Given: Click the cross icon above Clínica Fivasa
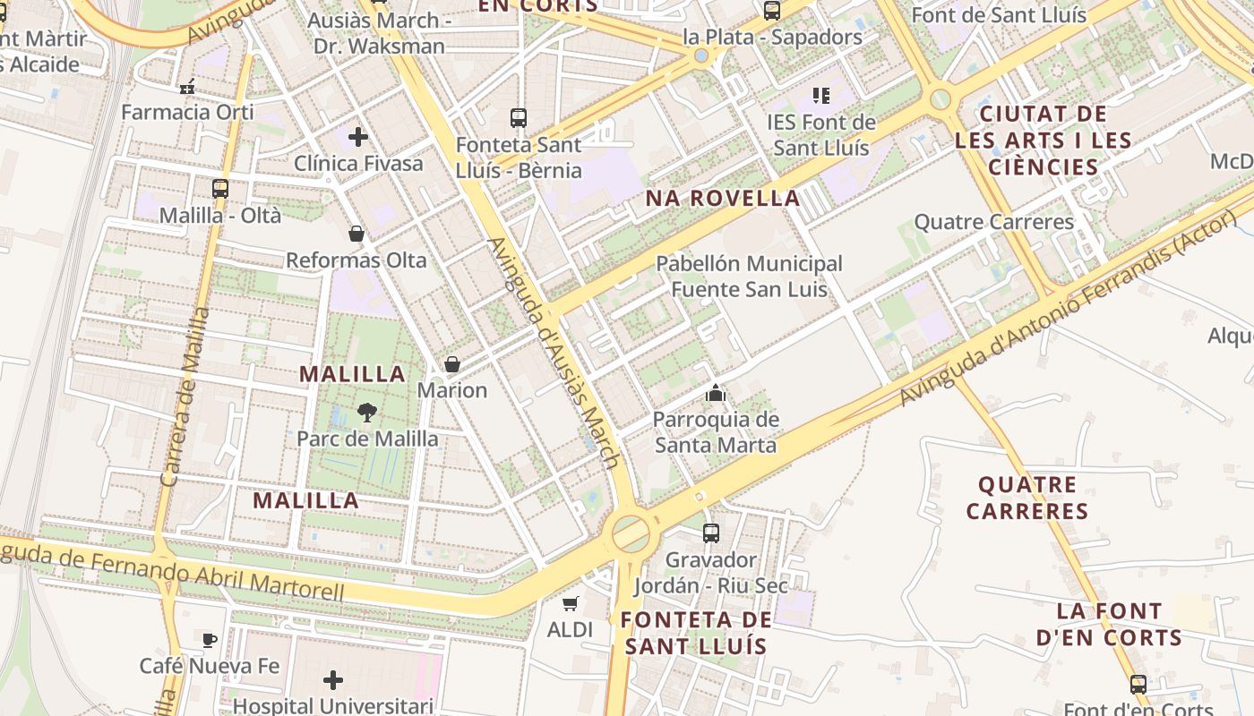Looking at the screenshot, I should (x=358, y=137).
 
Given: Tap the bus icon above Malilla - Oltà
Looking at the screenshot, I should (x=220, y=189).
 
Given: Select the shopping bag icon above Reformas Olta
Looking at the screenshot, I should (x=356, y=234).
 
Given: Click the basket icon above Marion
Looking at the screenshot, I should (x=452, y=364).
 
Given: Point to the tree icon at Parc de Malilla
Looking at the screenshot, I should (x=366, y=413).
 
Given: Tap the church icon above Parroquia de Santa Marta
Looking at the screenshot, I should (x=715, y=392).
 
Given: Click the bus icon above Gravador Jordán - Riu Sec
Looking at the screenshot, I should (x=711, y=533).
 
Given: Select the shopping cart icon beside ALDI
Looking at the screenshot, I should (x=571, y=603).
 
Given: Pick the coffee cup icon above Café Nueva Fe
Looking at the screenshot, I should (x=209, y=639).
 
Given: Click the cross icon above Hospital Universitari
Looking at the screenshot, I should (x=333, y=680).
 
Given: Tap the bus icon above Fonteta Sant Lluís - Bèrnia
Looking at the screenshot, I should (x=519, y=117).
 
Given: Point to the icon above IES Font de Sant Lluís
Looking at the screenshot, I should (x=821, y=95).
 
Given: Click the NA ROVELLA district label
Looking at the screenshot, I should (x=723, y=199).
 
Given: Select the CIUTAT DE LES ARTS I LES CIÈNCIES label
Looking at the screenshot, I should (x=1043, y=141).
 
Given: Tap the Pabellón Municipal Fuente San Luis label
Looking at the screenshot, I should (x=749, y=277).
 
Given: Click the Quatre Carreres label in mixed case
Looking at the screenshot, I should (x=993, y=222).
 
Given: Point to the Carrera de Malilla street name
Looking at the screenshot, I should (x=185, y=397).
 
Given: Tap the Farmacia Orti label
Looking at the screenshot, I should (x=187, y=112).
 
